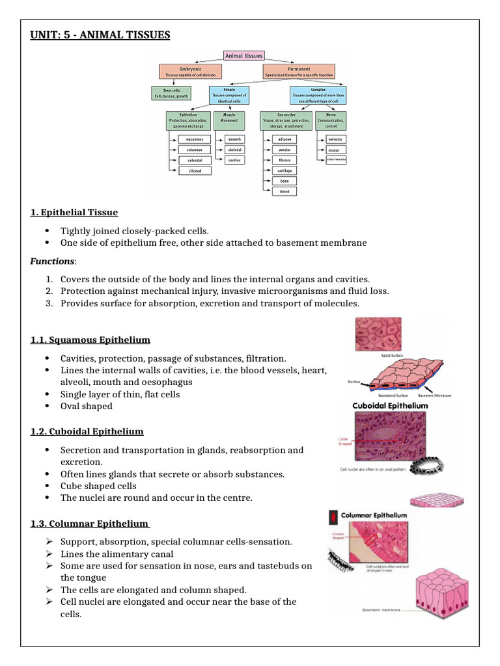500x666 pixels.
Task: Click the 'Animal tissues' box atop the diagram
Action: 243,56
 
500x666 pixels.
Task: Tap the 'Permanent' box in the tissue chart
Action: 298,71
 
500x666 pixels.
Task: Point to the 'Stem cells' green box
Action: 171,93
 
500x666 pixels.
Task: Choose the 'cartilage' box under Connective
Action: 285,170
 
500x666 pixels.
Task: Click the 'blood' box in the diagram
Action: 285,191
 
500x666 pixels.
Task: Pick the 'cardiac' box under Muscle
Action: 234,160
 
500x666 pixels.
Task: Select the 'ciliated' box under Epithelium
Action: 195,170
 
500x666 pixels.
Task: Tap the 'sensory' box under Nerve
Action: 335,139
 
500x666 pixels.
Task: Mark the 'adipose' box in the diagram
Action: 285,139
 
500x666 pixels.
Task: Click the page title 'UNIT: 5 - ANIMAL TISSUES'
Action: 100,35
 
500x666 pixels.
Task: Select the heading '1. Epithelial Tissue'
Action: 74,213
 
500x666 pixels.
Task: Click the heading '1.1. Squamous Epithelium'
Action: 90,340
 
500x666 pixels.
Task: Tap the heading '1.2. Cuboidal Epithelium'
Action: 87,432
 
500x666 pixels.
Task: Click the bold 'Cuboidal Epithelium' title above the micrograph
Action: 390,405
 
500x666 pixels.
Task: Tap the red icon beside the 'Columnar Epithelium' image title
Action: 333,516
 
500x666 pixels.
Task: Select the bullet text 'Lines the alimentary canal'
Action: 117,554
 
